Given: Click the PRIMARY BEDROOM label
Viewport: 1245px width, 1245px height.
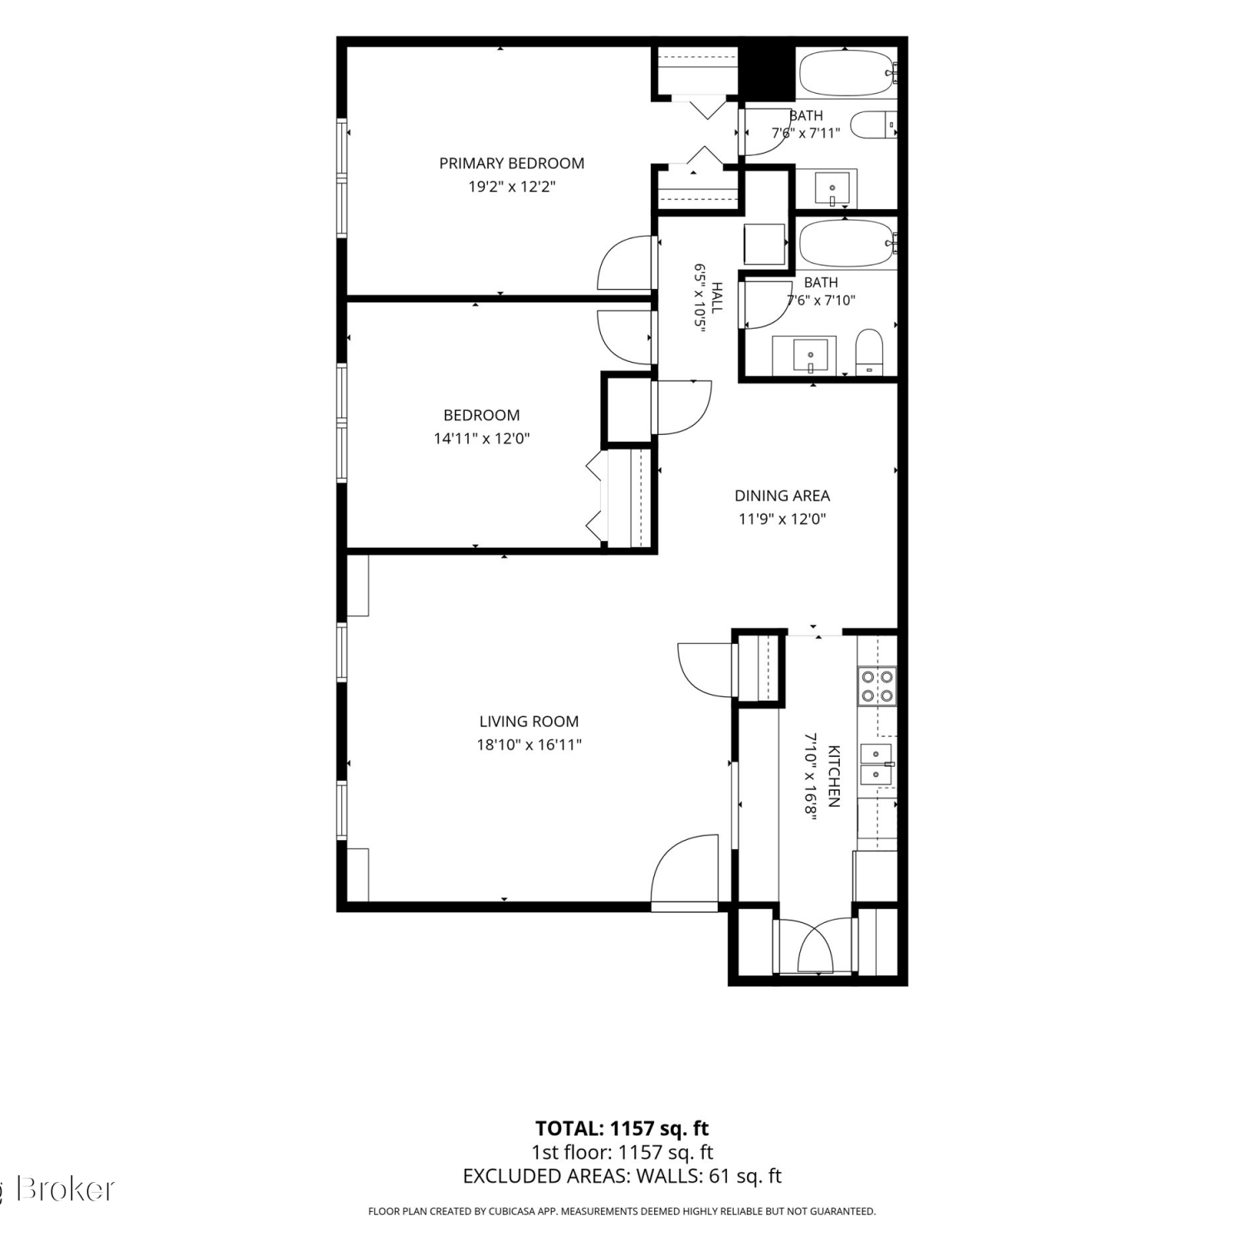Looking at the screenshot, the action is pyautogui.click(x=511, y=164).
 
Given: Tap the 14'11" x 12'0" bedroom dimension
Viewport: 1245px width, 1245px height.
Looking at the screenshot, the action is pyautogui.click(x=481, y=438).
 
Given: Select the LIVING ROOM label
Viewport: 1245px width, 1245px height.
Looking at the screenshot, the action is pyautogui.click(x=529, y=722).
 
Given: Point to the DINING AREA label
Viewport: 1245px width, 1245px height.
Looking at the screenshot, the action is pyautogui.click(x=782, y=496).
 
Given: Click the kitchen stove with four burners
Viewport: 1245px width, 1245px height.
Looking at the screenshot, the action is pyautogui.click(x=877, y=686).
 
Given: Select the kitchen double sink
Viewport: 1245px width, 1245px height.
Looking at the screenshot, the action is pyautogui.click(x=876, y=764).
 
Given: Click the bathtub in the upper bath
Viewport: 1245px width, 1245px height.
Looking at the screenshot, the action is pyautogui.click(x=847, y=73).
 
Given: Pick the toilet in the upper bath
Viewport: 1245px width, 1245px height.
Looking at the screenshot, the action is pyautogui.click(x=875, y=124).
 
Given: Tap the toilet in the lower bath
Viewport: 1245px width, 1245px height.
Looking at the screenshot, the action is pyautogui.click(x=870, y=352).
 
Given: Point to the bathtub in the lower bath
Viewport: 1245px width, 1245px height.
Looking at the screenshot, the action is pyautogui.click(x=847, y=242).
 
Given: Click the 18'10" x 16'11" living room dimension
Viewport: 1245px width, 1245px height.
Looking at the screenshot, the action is pyautogui.click(x=529, y=745).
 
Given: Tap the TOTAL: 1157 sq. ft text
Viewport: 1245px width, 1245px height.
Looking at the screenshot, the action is pyautogui.click(x=622, y=1129).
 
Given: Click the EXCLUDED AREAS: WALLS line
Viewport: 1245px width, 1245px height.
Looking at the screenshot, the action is pyautogui.click(x=622, y=1176).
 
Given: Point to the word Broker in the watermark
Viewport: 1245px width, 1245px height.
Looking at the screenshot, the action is pyautogui.click(x=66, y=1189).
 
